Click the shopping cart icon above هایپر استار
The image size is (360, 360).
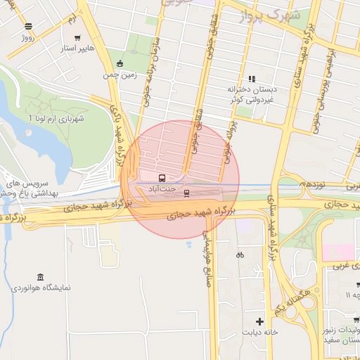(x=77, y=39)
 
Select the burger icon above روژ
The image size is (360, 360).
(x=28, y=26)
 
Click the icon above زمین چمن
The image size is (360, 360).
(x=120, y=63)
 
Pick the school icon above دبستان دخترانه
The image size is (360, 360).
(x=251, y=79)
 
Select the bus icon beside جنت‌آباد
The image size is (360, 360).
(x=162, y=178)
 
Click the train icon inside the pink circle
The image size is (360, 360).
(x=186, y=192)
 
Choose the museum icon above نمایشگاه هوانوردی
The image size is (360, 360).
(x=40, y=276)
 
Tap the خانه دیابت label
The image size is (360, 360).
(x=262, y=332)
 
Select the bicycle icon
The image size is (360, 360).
(x=240, y=255)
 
